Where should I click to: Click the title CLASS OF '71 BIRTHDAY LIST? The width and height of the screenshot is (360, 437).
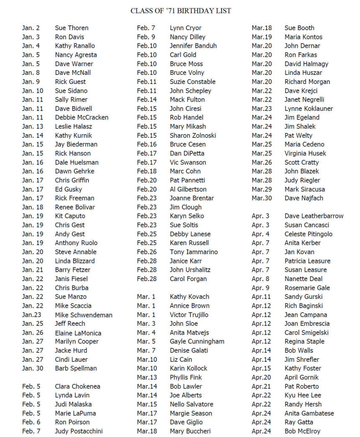click(x=181, y=10)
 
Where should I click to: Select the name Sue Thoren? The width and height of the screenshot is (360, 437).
click(x=72, y=28)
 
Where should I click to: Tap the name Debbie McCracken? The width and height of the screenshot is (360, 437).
click(x=82, y=118)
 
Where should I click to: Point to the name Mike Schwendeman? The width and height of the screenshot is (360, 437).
click(x=84, y=315)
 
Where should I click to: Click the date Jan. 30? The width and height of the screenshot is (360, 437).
click(x=32, y=368)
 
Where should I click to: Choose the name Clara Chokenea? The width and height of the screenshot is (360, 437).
click(x=77, y=386)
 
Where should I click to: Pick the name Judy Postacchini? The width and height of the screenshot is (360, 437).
click(x=79, y=431)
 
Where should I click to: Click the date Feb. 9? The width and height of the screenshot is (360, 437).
click(x=146, y=37)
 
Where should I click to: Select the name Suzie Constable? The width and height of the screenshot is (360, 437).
click(x=193, y=82)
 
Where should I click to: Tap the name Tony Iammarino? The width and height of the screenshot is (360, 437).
click(x=194, y=252)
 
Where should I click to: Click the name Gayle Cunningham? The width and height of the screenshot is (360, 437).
click(x=197, y=341)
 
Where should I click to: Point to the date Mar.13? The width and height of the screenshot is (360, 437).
click(x=147, y=378)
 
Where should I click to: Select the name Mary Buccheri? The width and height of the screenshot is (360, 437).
click(x=190, y=431)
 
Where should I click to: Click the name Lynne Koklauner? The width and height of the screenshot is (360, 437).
click(x=309, y=109)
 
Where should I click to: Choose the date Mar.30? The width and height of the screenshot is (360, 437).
click(x=262, y=198)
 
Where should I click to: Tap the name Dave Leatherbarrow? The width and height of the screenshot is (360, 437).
click(x=314, y=216)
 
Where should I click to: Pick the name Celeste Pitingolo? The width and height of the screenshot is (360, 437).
click(x=309, y=234)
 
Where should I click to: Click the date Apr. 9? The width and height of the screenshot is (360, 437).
click(x=261, y=288)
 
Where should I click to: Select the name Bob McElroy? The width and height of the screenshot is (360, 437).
click(x=303, y=431)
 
